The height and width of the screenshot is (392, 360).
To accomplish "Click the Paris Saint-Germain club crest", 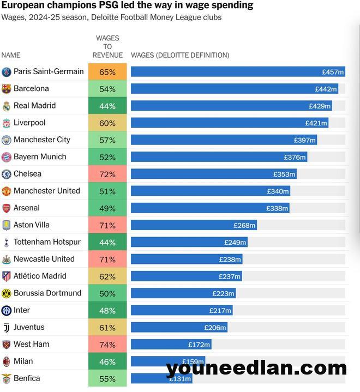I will coord(7,72).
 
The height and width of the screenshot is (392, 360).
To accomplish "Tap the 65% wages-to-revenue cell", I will coord(107,72).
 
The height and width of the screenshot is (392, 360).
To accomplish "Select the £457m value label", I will coord(333,72).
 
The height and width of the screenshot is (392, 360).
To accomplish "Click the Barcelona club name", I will coord(31,88).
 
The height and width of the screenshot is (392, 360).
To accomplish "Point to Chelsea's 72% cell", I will coord(107,174).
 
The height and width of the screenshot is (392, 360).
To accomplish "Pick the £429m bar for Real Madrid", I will coord(231,106).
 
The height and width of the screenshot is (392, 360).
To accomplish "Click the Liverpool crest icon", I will coord(7,123).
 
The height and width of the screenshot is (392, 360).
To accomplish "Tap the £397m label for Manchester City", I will coord(305,140).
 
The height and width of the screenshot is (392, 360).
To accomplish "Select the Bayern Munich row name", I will coord(40,156).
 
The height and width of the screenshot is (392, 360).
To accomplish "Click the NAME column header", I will coord(11,55).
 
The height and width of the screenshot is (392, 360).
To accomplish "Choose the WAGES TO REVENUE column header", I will coord(107,46).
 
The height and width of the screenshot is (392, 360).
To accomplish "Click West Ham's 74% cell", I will coord(107,345).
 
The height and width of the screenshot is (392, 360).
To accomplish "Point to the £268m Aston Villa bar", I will coord(193,225).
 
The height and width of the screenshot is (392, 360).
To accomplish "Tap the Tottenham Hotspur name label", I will coord(47,242).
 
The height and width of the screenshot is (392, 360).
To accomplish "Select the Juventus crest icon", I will coord(7,328).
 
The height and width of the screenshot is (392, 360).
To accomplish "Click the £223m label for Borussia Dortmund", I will coord(224,293).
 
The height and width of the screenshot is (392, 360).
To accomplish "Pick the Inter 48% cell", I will coord(107,311).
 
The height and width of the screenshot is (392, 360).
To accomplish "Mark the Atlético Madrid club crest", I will coord(7,276).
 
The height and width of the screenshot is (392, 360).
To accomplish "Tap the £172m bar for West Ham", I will coord(171,345).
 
